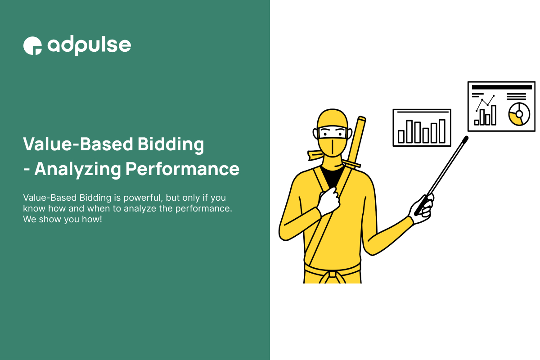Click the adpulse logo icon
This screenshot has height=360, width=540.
[32, 45]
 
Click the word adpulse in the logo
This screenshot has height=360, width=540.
[89, 45]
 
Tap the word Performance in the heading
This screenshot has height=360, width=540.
[182, 169]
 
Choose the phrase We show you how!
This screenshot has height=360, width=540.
[63, 220]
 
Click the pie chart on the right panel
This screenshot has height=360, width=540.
[519, 113]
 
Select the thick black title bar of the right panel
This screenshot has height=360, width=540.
[501, 87]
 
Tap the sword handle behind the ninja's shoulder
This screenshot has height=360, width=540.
[360, 135]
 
